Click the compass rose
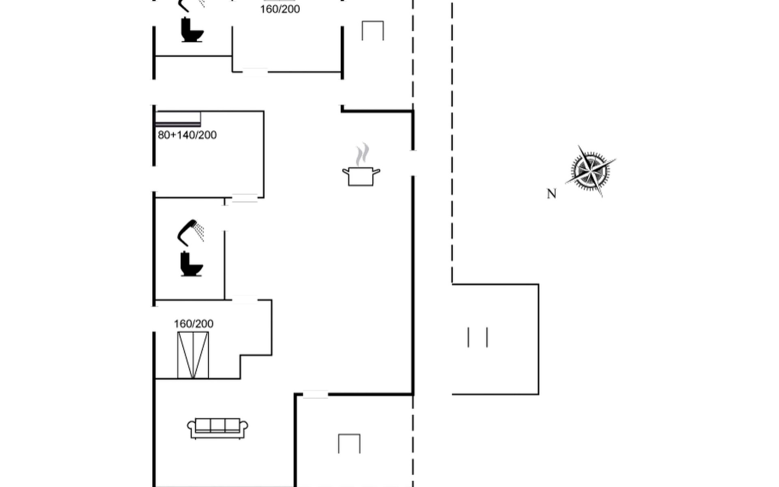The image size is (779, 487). tap(590, 170)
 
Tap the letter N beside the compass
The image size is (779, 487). tap(551, 194)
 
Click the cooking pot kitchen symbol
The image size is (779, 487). tap(361, 176)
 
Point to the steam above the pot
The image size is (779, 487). tap(362, 154)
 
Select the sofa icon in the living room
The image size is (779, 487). tap(217, 428)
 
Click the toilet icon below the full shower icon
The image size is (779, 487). tap(191, 264)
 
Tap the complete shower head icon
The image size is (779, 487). tap(191, 233)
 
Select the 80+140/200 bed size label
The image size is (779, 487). tap(187, 135)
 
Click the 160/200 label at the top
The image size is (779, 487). tap(280, 9)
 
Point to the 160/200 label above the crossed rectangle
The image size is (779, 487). tap(194, 324)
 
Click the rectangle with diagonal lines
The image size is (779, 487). tap(193, 355)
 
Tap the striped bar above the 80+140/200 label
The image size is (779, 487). tap(178, 119)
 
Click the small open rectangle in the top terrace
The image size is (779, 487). tap(372, 31)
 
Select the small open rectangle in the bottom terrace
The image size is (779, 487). tap(349, 444)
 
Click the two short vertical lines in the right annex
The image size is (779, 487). tap(478, 337)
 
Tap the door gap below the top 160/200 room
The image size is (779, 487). tap(255, 72)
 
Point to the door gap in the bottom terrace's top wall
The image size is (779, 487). tap(315, 394)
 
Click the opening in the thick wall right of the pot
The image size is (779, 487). tap(413, 163)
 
